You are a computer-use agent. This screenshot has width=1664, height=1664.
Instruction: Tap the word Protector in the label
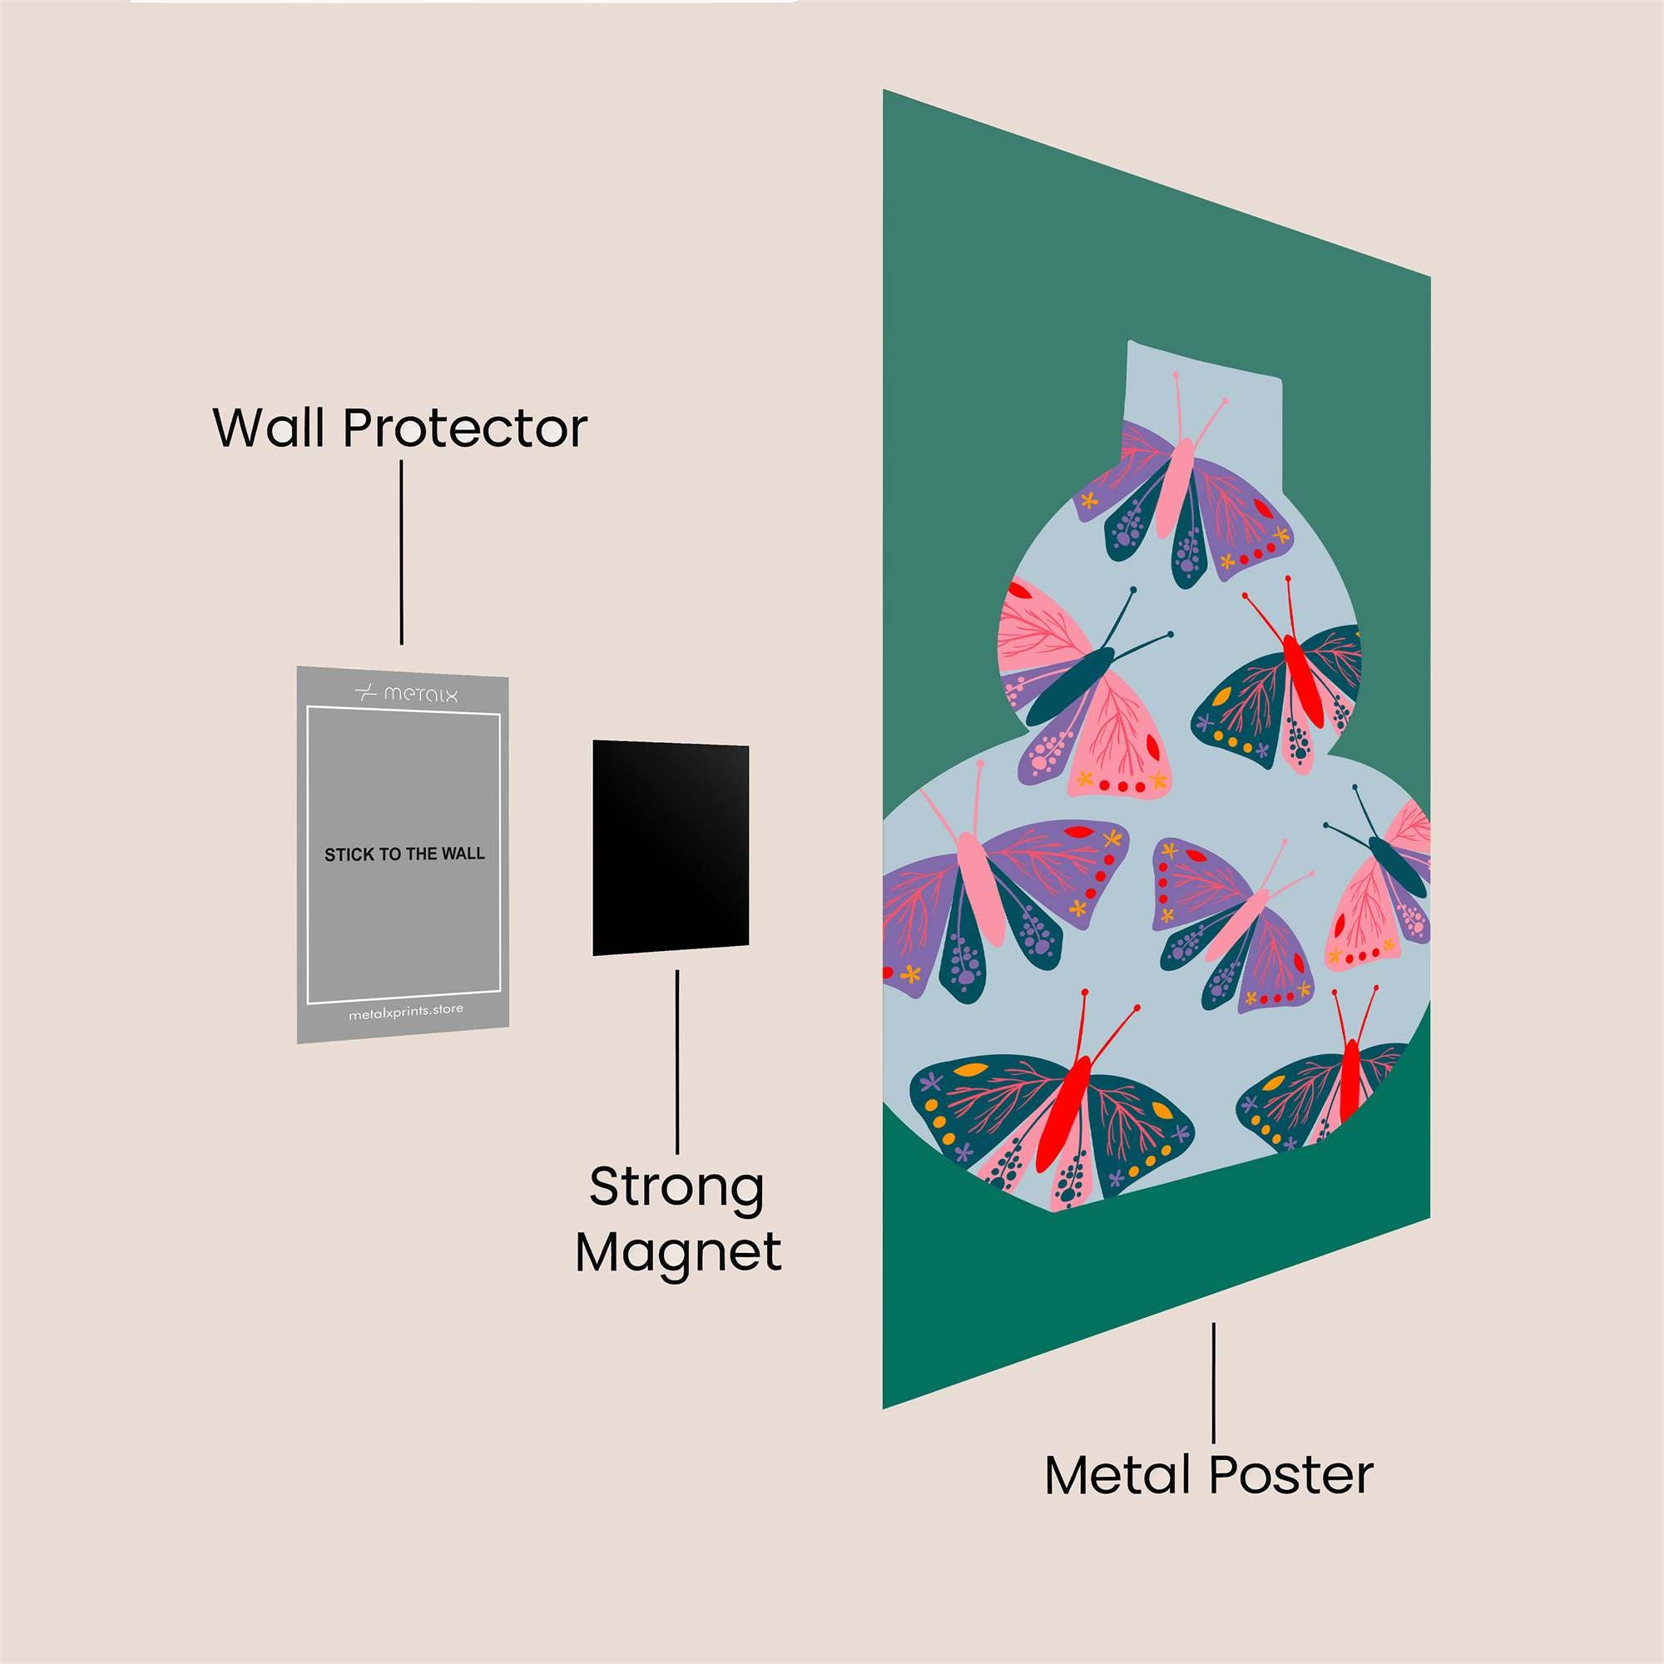[x=466, y=428]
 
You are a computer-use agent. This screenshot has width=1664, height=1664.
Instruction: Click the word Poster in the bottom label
[x=1291, y=1473]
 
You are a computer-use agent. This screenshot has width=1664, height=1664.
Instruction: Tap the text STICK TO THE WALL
[x=405, y=854]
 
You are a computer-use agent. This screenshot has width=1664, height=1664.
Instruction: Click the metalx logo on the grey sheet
[x=407, y=693]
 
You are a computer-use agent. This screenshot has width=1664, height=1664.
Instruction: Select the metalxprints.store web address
[x=406, y=1012]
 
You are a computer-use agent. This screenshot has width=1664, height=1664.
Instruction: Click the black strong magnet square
[x=671, y=849]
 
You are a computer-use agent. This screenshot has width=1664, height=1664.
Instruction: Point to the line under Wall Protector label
[x=401, y=552]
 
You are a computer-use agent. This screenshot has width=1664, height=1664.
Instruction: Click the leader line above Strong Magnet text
[x=678, y=1062]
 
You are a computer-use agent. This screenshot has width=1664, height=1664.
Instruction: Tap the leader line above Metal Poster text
[x=1214, y=1382]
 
